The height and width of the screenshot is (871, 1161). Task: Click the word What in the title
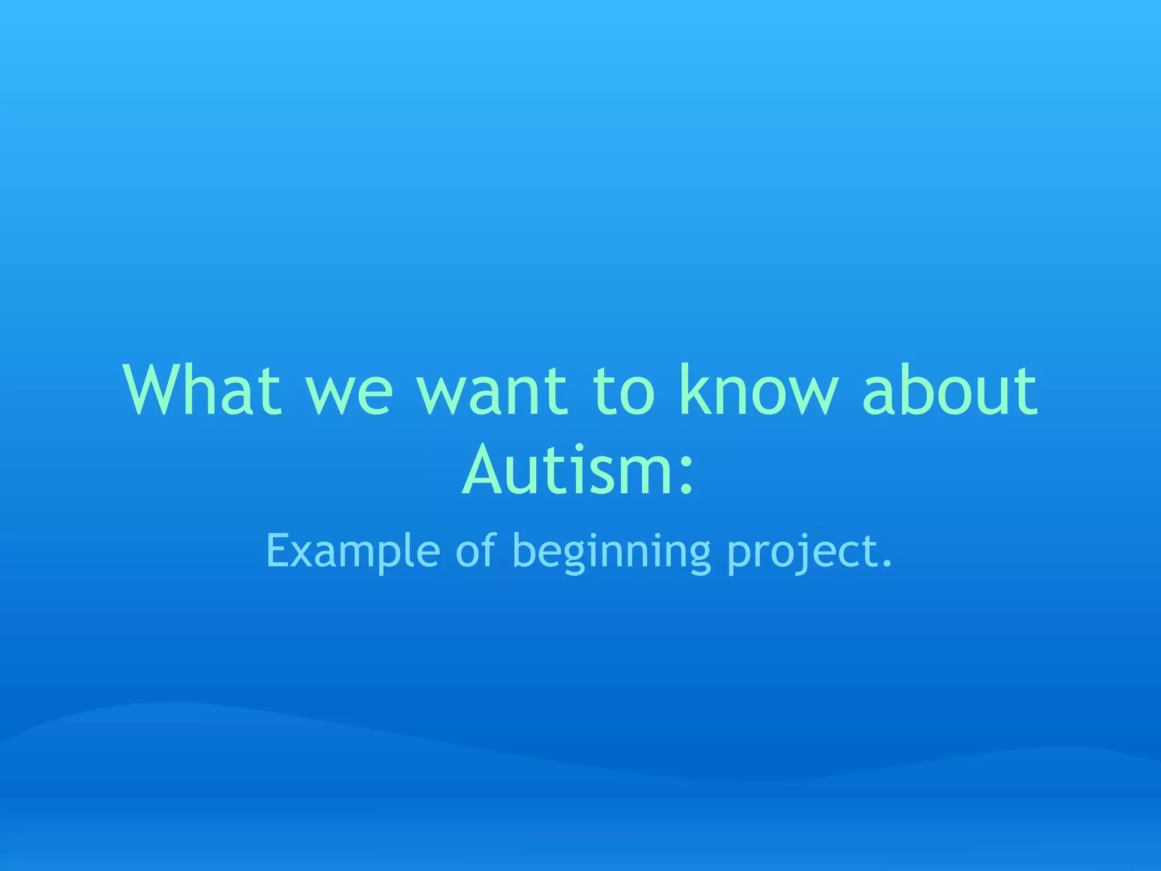[202, 390]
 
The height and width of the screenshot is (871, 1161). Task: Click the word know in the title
[759, 390]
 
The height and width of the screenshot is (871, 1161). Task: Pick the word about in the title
[950, 390]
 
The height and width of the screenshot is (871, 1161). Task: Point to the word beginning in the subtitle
[611, 553]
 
